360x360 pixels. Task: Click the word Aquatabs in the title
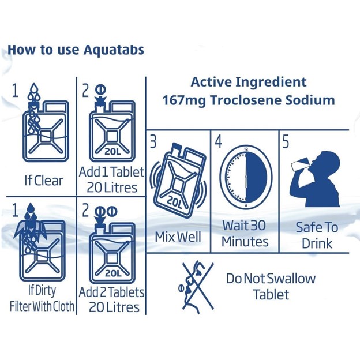[x=114, y=50]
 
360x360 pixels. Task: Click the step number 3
[x=153, y=141]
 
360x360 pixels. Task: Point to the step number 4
[x=219, y=141]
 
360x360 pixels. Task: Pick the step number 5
[x=286, y=141]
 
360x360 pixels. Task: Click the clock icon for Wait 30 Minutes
[x=246, y=177]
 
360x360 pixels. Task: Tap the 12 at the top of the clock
[x=246, y=149]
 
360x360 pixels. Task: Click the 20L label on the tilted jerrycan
[x=174, y=202]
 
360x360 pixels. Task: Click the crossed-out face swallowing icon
[x=197, y=287]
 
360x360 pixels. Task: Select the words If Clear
[x=44, y=181]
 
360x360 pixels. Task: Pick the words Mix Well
[x=178, y=237]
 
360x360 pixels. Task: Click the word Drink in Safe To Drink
[x=317, y=243]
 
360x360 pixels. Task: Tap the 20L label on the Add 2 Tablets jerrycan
[x=113, y=273]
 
